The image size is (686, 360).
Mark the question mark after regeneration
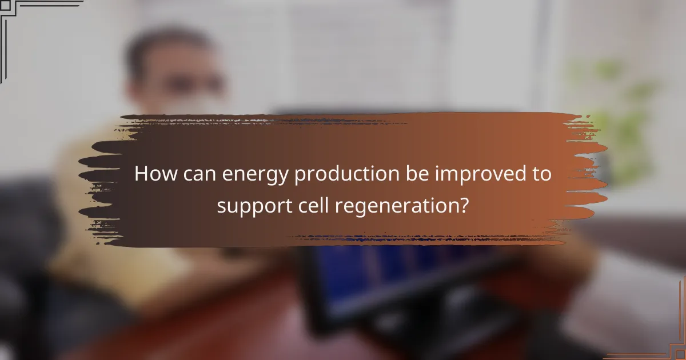click(464, 204)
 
